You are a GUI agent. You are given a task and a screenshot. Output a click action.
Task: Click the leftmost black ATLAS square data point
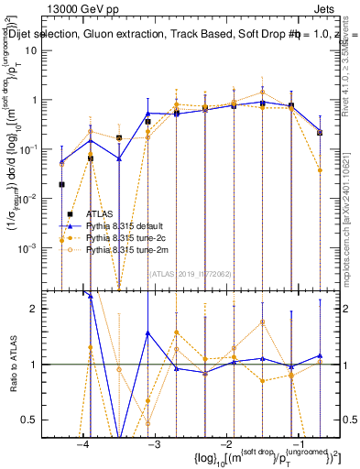click(x=61, y=184)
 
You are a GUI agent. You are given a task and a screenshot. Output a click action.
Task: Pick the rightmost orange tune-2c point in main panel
click(x=320, y=169)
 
